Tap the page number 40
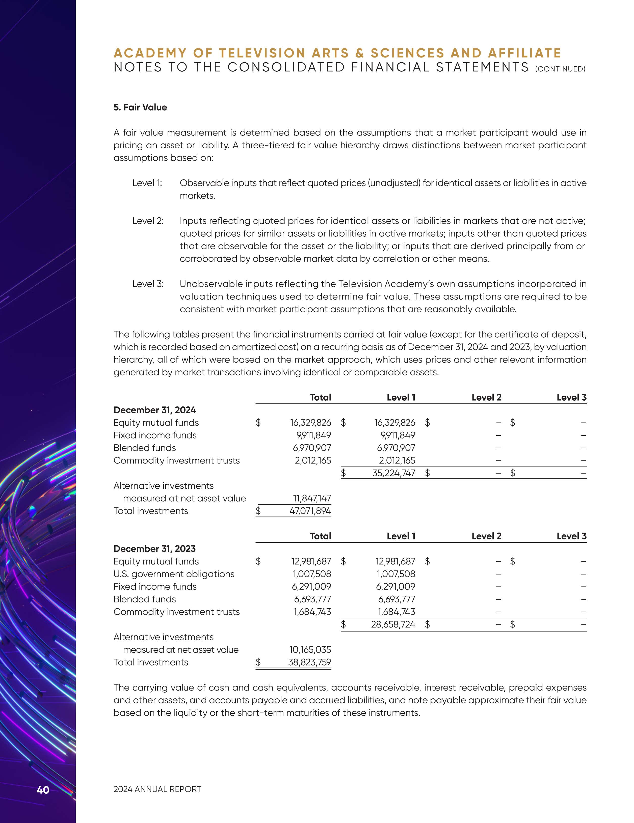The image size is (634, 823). [43, 790]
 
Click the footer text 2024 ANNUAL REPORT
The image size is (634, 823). [157, 789]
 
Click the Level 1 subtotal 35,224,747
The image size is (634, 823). [393, 473]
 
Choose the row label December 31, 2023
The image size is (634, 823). [154, 549]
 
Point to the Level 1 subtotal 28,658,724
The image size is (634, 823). [393, 624]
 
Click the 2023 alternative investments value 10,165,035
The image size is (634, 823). [310, 650]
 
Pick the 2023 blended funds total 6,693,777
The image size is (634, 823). [312, 599]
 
